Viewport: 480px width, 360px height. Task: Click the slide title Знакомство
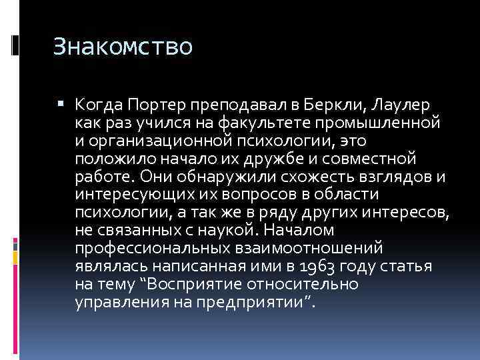(123, 48)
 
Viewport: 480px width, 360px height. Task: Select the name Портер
(155, 105)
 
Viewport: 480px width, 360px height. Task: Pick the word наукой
(226, 231)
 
